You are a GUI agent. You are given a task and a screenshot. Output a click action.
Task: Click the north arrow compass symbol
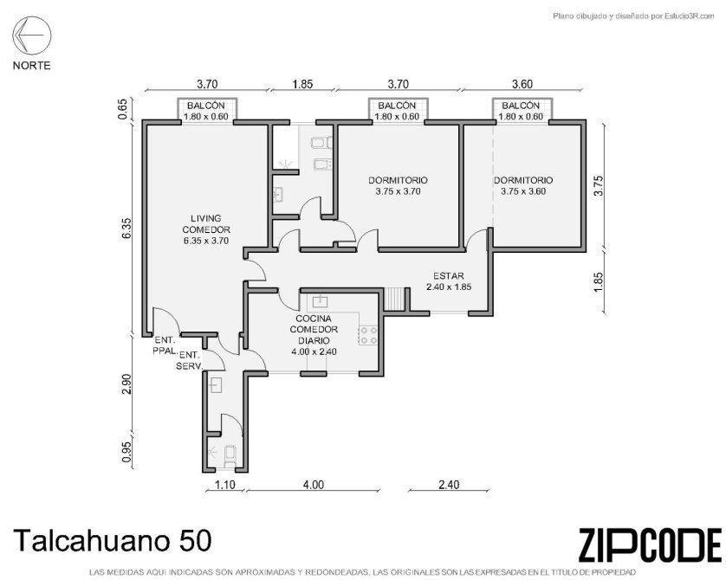tap(31, 35)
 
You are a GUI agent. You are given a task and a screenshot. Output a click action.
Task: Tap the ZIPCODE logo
tap(650, 545)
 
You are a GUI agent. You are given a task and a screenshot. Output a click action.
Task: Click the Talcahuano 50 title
tap(113, 540)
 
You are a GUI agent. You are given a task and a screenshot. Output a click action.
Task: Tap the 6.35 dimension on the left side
tap(127, 229)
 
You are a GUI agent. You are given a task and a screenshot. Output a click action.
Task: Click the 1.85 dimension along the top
tap(303, 84)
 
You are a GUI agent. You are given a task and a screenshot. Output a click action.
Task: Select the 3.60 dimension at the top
tap(522, 84)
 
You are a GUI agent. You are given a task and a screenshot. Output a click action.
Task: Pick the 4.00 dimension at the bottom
tap(314, 485)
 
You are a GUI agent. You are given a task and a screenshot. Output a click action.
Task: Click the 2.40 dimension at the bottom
tap(449, 485)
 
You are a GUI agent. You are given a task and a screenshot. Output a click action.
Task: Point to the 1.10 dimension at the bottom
tap(225, 485)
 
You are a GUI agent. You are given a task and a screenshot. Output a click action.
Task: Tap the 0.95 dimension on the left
tap(127, 451)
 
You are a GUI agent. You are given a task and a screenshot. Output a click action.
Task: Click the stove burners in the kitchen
tap(367, 335)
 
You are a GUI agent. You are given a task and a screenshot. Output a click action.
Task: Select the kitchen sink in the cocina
tap(320, 301)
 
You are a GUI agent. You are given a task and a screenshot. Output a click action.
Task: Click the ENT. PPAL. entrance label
tap(165, 345)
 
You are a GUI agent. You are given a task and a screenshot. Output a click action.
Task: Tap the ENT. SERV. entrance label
tap(190, 361)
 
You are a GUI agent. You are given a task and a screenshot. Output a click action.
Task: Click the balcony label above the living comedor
tap(206, 111)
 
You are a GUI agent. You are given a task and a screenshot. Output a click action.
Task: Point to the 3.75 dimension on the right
tap(599, 185)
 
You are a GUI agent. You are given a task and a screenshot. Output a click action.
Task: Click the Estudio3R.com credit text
tap(634, 16)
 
